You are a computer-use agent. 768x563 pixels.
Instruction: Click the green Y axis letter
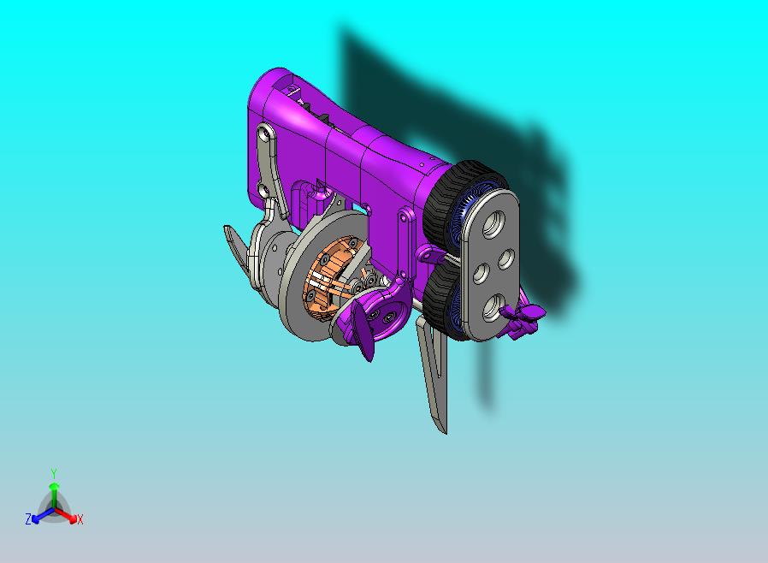pos(54,473)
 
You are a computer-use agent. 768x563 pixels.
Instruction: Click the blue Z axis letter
pos(28,519)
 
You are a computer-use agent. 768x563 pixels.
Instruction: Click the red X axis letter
pos(80,519)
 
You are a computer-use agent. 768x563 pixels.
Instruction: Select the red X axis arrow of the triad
pos(66,515)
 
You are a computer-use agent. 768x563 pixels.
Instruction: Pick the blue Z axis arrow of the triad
pos(43,515)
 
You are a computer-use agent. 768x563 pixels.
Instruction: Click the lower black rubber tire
pos(440,299)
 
